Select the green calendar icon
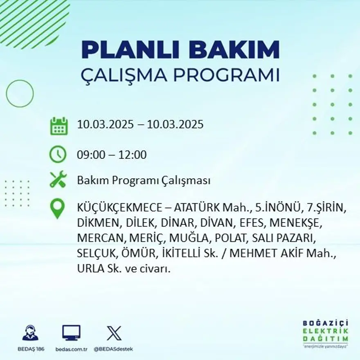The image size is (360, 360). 59,126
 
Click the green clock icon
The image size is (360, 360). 58,155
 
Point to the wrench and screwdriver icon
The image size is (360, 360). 58,180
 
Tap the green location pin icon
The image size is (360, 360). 57,208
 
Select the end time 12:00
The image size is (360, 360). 133,155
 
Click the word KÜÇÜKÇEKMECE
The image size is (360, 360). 119,208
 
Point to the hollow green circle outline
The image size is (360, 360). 20,93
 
